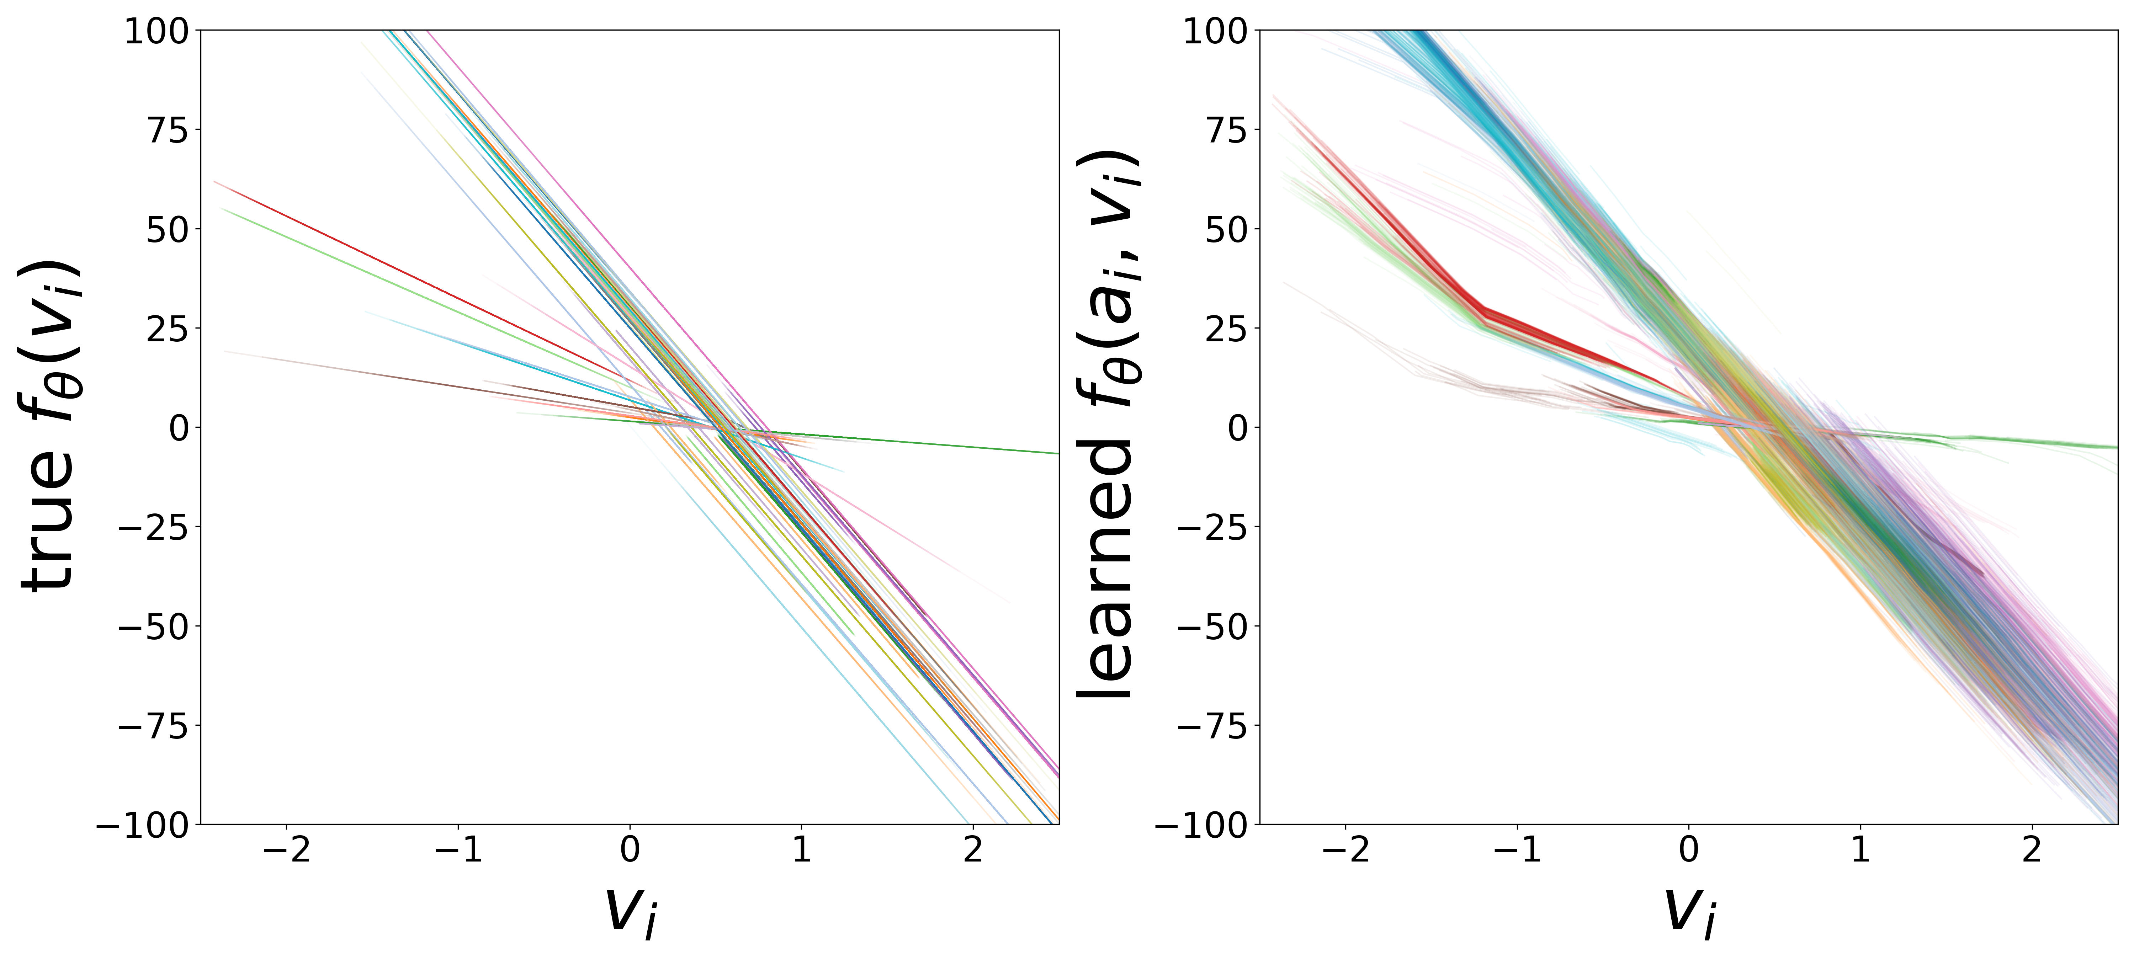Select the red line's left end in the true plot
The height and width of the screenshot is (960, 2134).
(x=214, y=181)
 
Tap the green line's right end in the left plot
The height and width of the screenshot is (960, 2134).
(x=1058, y=453)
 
